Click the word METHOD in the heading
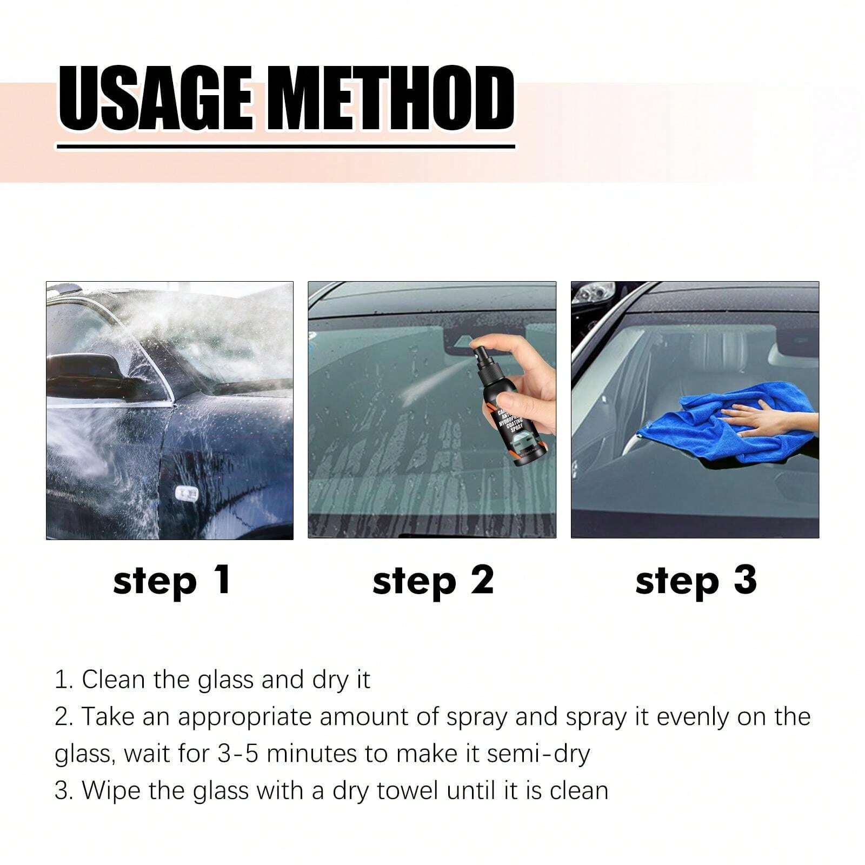point(384,100)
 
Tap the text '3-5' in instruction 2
point(237,753)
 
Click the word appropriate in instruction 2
point(244,717)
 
